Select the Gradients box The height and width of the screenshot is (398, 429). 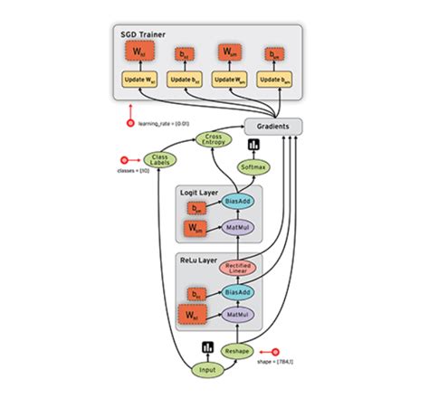click(272, 128)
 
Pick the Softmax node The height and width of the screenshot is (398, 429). click(253, 167)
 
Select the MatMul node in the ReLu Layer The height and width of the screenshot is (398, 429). click(237, 316)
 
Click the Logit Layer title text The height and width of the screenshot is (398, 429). click(199, 192)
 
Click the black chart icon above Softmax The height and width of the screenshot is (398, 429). click(253, 147)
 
